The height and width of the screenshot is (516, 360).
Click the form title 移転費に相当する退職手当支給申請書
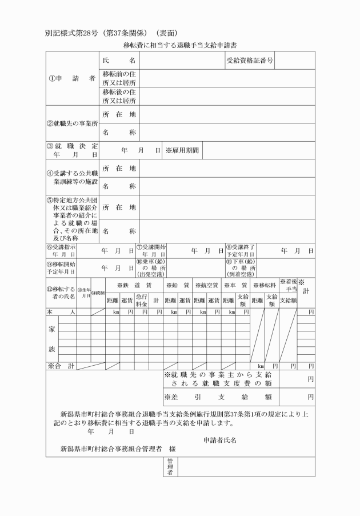click(180, 43)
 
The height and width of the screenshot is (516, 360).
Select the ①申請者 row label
click(71, 78)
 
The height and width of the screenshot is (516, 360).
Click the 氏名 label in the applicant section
click(118, 60)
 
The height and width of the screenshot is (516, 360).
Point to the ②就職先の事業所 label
click(71, 123)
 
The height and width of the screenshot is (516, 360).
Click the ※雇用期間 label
click(182, 150)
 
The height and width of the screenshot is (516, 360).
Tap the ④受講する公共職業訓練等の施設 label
click(71, 177)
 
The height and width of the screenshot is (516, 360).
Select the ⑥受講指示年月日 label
click(61, 250)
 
